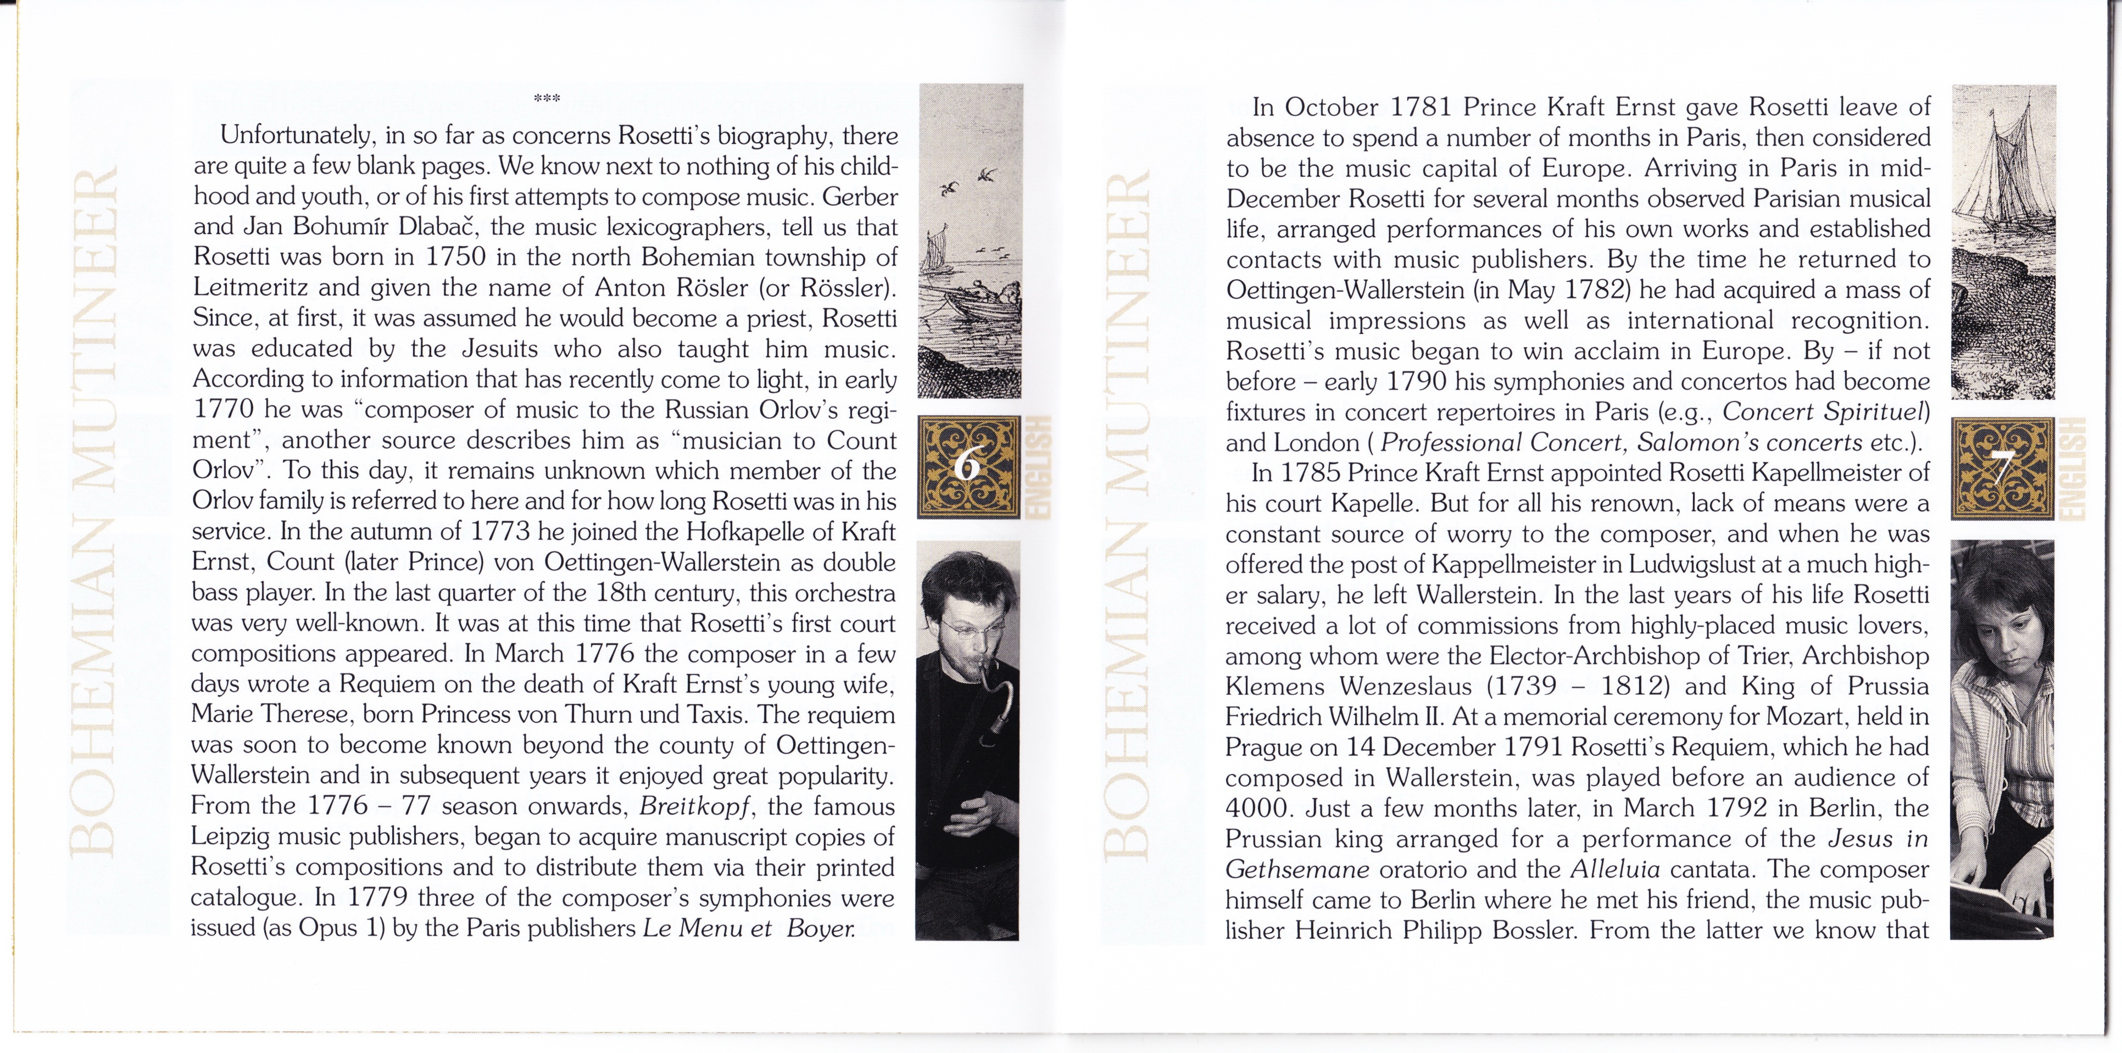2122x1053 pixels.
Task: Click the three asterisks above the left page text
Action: point(546,99)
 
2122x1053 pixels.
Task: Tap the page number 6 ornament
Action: point(968,467)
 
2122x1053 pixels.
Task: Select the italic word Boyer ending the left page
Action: point(821,928)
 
